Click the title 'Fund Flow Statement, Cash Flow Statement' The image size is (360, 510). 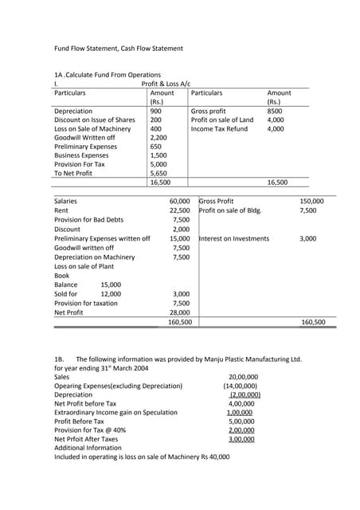coord(118,49)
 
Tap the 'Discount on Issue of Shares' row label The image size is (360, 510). coord(94,120)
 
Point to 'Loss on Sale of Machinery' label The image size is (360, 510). coord(92,128)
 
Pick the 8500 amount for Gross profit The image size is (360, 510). coord(276,111)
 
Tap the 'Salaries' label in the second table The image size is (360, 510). coord(65,202)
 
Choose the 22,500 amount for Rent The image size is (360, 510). coord(179,210)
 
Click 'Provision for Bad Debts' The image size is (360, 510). coord(88,220)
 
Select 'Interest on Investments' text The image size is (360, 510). coord(234,238)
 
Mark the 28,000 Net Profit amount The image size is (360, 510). coord(179,312)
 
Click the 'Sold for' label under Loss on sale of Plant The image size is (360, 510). coord(65,294)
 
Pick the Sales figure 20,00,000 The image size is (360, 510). coord(242,377)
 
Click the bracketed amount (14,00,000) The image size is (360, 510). coord(240,386)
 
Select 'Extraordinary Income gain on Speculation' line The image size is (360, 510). coord(115,413)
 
